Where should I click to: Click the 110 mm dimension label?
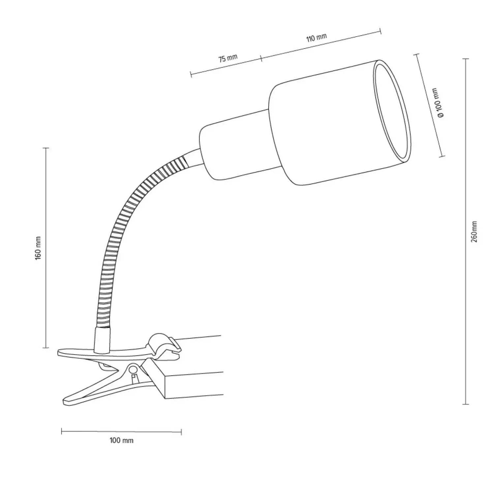317,38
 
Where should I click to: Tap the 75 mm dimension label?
228,58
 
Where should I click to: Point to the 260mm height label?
474,231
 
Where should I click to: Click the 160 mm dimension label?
38,248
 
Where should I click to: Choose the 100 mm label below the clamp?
122,441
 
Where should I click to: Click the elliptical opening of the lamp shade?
392,111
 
